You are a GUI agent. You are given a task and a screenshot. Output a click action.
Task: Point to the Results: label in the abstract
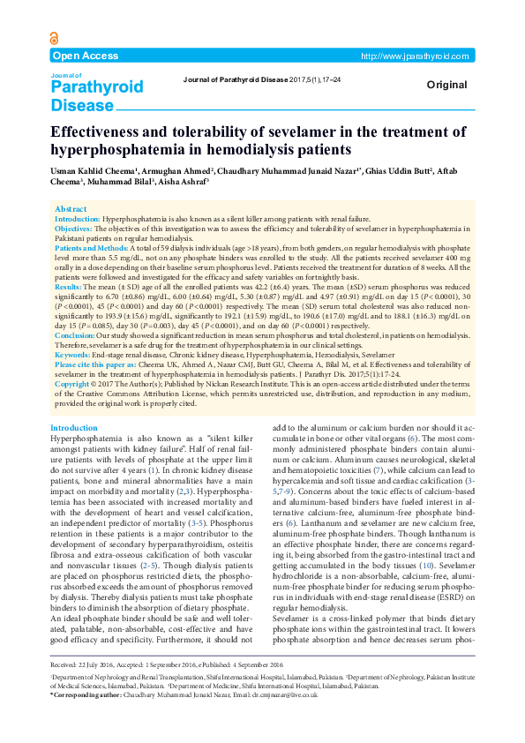click(x=70, y=288)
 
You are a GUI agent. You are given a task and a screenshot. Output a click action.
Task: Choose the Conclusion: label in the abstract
click(x=77, y=335)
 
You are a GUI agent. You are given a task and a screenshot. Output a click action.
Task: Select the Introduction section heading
click(x=74, y=428)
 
